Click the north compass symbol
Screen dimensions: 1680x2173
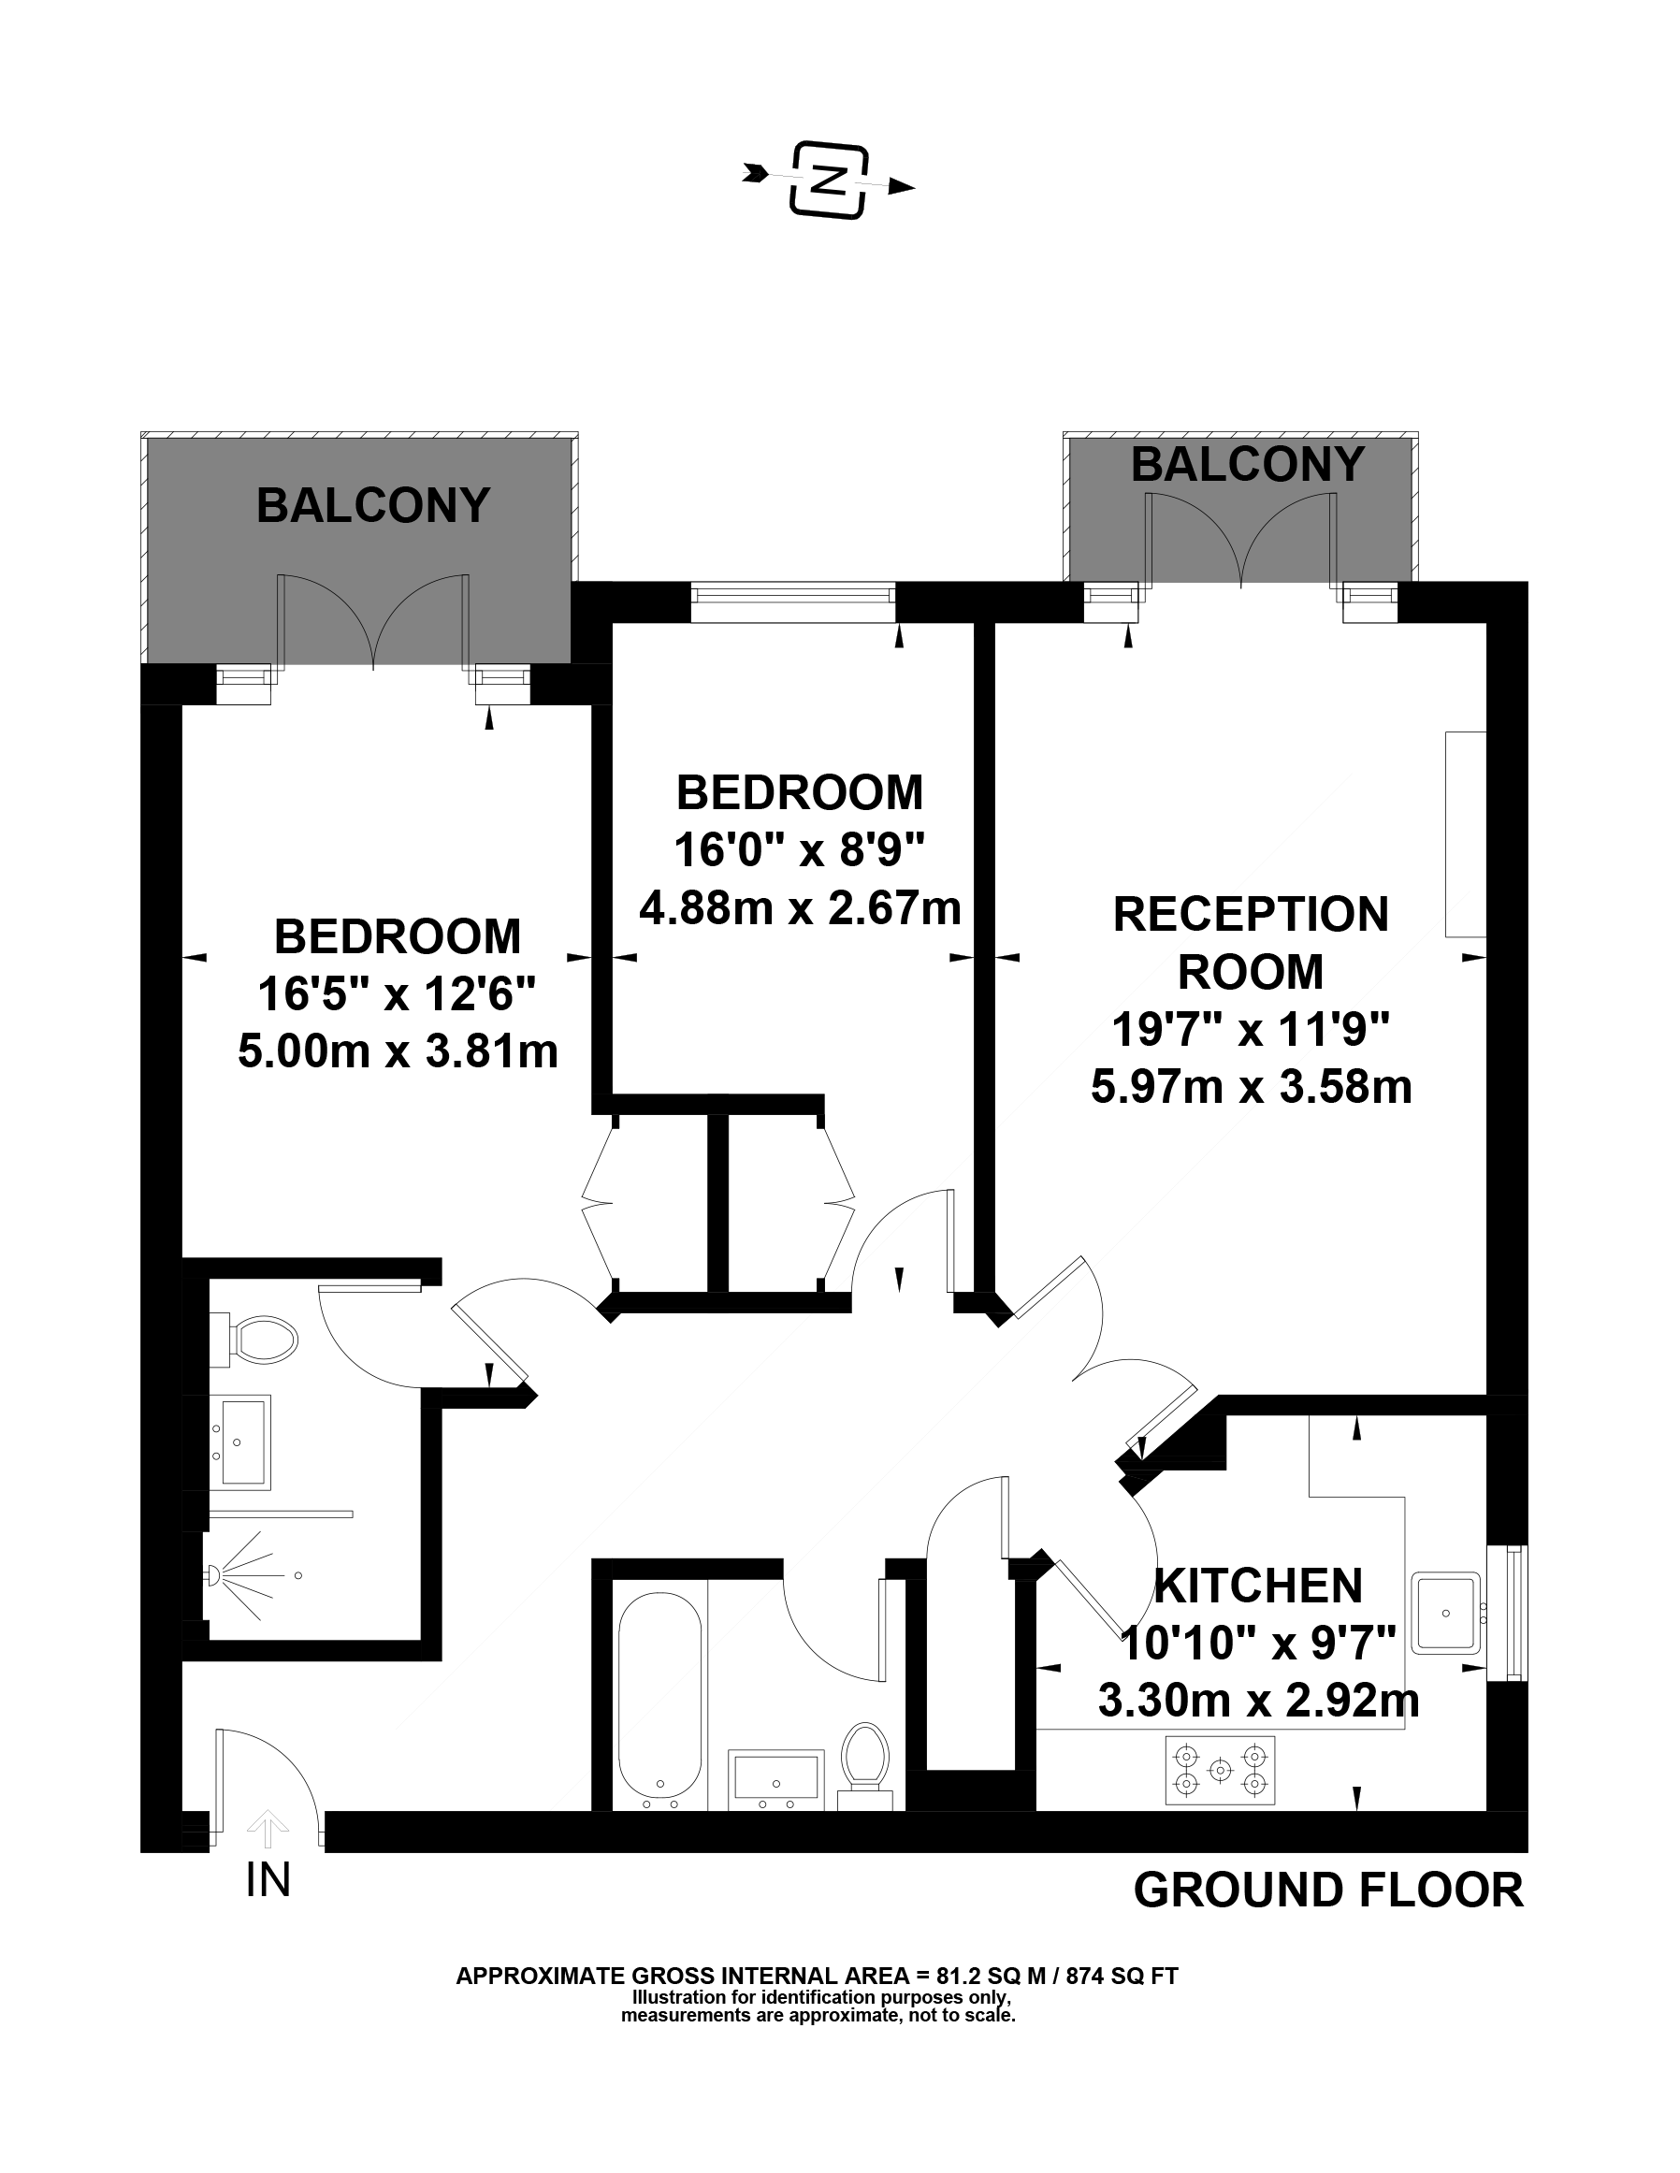829,181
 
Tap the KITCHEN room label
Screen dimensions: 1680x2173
1258,1586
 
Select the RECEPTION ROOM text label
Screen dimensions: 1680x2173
1251,942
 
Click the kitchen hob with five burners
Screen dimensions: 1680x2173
1220,1770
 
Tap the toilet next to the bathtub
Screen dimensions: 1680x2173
864,1767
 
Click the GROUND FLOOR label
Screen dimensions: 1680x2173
1329,1891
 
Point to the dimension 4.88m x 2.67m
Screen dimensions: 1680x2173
800,907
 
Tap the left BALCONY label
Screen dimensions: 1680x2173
373,505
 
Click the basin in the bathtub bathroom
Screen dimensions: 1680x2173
775,1778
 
